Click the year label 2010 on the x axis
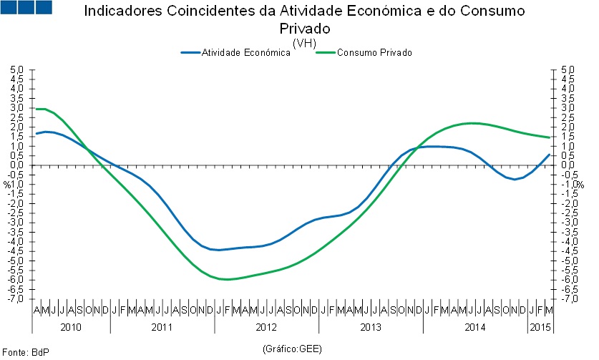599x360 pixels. (71, 327)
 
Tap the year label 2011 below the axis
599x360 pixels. (162, 327)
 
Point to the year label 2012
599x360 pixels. (266, 327)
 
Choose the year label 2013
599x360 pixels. (371, 327)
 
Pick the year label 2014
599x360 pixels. (475, 327)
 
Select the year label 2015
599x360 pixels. (540, 327)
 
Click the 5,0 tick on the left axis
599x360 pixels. (18, 70)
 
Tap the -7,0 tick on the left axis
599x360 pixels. (18, 298)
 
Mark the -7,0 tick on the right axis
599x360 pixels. (568, 298)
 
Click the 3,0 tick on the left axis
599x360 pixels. (18, 108)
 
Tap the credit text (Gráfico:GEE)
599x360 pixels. (293, 349)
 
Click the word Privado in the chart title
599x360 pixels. (306, 29)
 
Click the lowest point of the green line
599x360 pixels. (228, 279)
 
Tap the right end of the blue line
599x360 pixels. (550, 154)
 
